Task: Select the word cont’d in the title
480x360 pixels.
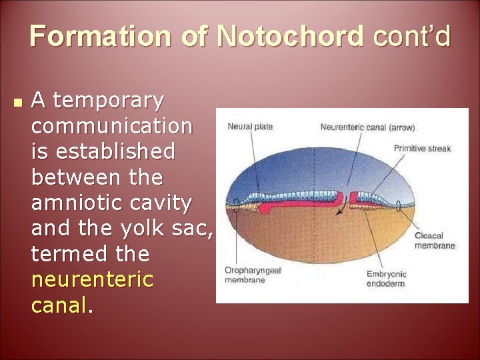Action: [x=412, y=36]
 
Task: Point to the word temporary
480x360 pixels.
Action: [x=107, y=101]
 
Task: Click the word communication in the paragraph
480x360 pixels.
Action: [x=112, y=126]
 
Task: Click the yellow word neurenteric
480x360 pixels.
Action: [x=93, y=279]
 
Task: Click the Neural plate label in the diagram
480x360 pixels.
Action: [x=250, y=127]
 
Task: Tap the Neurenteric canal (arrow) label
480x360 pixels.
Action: [x=367, y=127]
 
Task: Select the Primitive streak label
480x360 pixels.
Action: [x=422, y=148]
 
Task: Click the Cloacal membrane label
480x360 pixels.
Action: [x=435, y=241]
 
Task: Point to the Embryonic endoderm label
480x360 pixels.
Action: [x=387, y=279]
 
